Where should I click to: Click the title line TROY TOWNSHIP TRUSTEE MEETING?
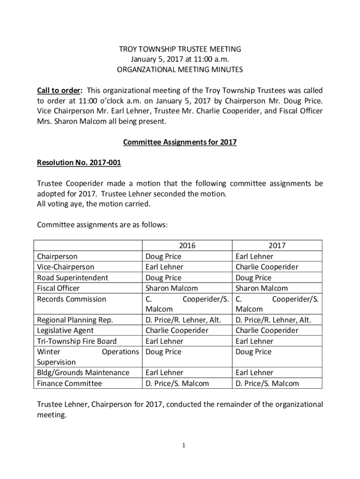point(180,49)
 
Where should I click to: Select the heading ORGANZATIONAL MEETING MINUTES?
point(180,70)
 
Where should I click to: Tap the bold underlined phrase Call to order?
point(59,90)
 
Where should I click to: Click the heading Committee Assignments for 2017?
point(180,142)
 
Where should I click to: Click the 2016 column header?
point(187,246)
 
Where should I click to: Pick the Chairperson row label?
point(57,256)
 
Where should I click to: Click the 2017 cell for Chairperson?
point(254,256)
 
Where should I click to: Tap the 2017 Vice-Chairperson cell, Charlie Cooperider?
point(266,267)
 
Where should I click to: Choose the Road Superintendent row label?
point(72,278)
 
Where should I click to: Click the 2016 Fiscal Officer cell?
point(171,288)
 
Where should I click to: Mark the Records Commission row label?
point(71,299)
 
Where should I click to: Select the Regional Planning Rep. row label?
point(74,320)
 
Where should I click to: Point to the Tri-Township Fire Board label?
point(76,341)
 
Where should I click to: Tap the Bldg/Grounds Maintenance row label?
point(83,373)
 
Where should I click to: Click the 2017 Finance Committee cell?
point(267,384)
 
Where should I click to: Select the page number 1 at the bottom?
point(184,445)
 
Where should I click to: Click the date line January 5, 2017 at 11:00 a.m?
point(180,59)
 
